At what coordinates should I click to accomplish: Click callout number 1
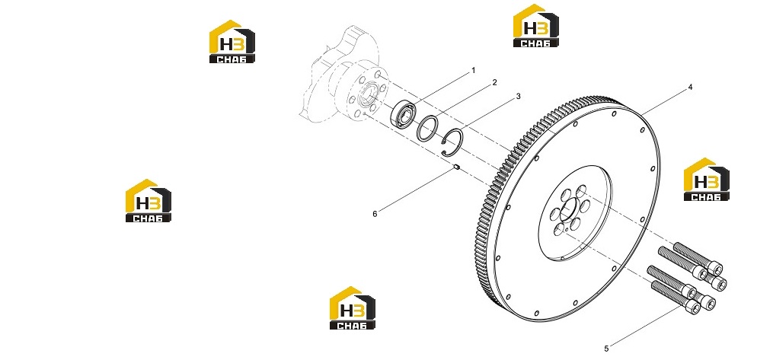[x=473, y=71]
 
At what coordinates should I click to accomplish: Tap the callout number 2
[x=494, y=83]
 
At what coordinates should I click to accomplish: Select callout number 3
[x=518, y=97]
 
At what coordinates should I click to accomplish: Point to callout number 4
[x=690, y=88]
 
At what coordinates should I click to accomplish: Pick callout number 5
[x=606, y=349]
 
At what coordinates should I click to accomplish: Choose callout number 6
[x=375, y=214]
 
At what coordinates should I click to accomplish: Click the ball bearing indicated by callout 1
[x=401, y=113]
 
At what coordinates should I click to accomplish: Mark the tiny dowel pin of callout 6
[x=111, y=167]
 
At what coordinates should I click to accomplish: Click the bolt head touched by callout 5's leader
[x=692, y=307]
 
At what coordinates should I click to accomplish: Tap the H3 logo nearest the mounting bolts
[x=707, y=180]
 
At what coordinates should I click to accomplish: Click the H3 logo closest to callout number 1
[x=536, y=26]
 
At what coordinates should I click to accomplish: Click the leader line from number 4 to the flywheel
[x=666, y=102]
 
